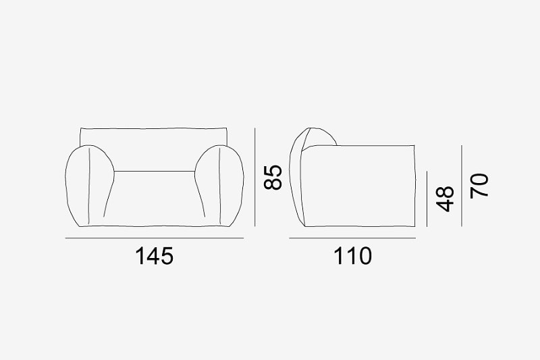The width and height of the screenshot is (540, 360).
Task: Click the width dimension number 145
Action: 155,256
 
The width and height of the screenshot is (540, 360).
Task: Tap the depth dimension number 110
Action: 352,256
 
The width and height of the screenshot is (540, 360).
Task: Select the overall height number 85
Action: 273,178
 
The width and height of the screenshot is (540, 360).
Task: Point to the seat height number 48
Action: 445,199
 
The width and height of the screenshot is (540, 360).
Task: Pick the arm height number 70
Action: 479,186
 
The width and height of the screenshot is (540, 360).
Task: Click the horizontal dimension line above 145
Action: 155,238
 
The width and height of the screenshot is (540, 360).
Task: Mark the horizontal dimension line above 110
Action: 352,238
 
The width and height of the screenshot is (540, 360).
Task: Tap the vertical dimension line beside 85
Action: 255,178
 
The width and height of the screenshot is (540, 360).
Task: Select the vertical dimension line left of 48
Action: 427,199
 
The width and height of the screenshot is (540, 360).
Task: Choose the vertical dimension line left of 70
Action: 462,186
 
